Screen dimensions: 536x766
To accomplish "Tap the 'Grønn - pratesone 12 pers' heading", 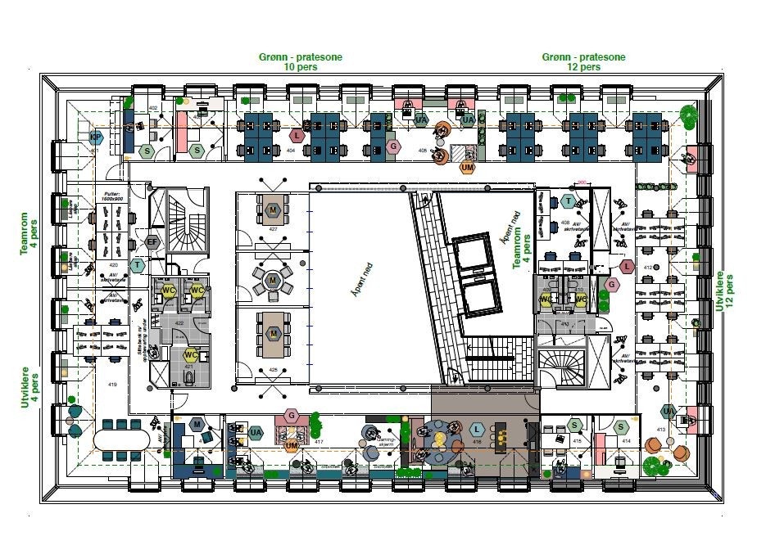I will coord(583,62).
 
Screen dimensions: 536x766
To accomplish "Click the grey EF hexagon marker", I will coord(152,241).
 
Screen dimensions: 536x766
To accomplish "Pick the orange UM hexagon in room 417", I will coord(292,445).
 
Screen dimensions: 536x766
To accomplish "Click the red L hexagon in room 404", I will coord(297,135).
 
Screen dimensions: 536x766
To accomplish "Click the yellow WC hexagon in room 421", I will coord(190,355).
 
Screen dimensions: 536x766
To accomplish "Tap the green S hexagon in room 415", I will coord(576,425).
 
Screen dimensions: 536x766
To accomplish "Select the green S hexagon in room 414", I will coord(621,426).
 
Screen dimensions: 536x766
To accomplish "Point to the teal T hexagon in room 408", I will coord(568,200).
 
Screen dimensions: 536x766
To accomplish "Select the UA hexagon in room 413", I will coord(669,411).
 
